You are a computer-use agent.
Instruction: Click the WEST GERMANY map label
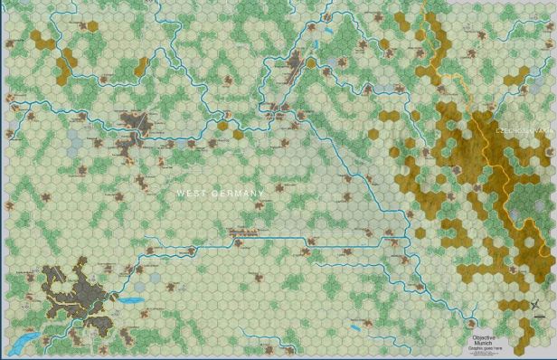[x=220, y=194]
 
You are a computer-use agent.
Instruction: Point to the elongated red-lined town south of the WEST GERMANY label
[x=242, y=233]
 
